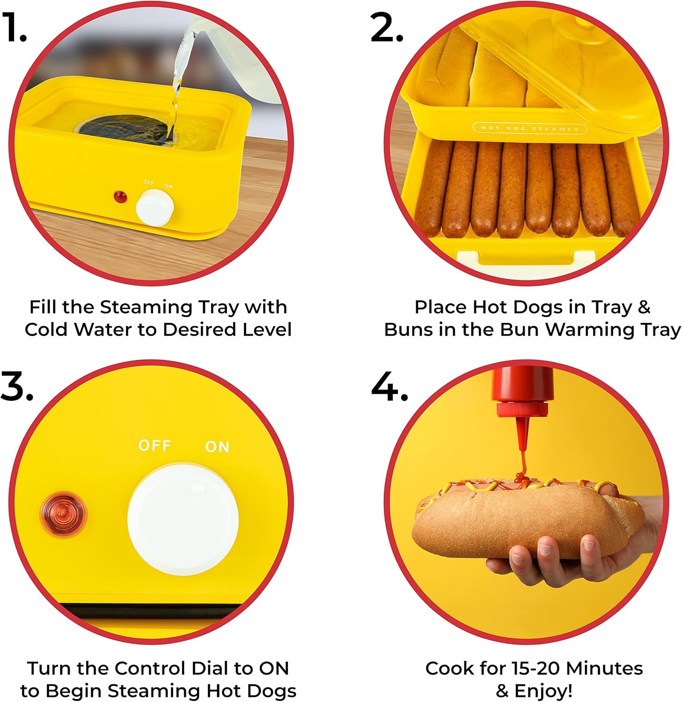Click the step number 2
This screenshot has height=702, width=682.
(387, 28)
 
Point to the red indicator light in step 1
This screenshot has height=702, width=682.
(121, 197)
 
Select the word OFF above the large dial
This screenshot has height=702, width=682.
(155, 445)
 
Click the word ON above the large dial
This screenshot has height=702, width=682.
(217, 447)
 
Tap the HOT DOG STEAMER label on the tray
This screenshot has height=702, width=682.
(530, 128)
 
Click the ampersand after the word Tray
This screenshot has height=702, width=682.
(644, 307)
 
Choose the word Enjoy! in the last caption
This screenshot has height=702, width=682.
(543, 691)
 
